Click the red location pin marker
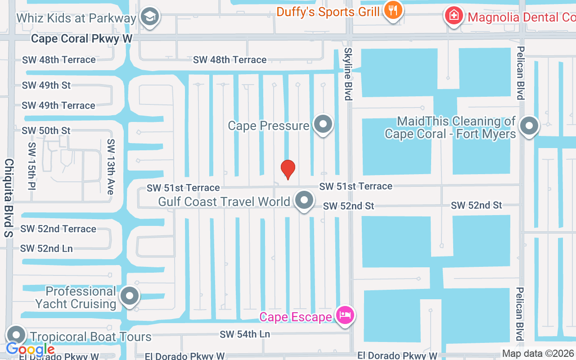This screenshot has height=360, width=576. click(x=288, y=170)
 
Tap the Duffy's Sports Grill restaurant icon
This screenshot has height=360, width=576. click(x=393, y=10)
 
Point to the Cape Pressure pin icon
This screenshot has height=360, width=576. click(x=323, y=124)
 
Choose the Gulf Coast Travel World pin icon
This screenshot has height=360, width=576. click(x=304, y=200)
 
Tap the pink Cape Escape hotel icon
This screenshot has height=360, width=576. click(x=345, y=315)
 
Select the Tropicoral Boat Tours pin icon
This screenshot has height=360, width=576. click(x=17, y=335)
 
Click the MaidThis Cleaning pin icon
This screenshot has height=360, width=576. click(x=529, y=126)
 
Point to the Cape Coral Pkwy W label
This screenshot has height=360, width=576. click(x=82, y=39)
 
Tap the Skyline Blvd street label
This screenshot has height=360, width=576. click(x=347, y=74)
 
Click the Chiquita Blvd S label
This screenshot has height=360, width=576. click(x=9, y=198)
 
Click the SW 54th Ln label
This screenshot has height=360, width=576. click(x=245, y=334)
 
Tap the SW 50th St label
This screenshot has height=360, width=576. click(x=46, y=130)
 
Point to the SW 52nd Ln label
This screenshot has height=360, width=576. click(x=46, y=248)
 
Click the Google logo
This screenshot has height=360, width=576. click(x=30, y=349)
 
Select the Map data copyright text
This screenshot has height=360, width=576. click(x=538, y=354)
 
